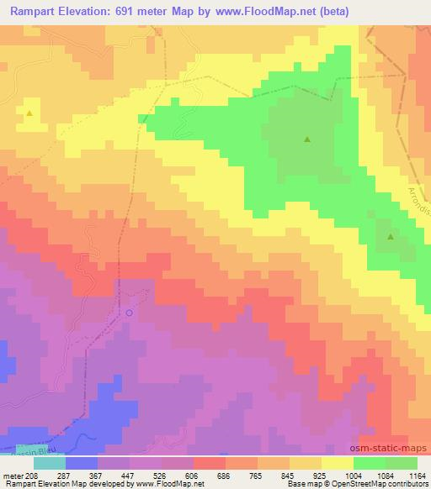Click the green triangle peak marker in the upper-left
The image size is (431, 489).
tap(30, 113)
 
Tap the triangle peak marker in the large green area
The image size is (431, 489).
tap(307, 139)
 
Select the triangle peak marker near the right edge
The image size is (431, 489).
tap(391, 237)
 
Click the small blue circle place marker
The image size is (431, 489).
tap(129, 313)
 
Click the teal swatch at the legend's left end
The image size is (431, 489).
tap(50, 463)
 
